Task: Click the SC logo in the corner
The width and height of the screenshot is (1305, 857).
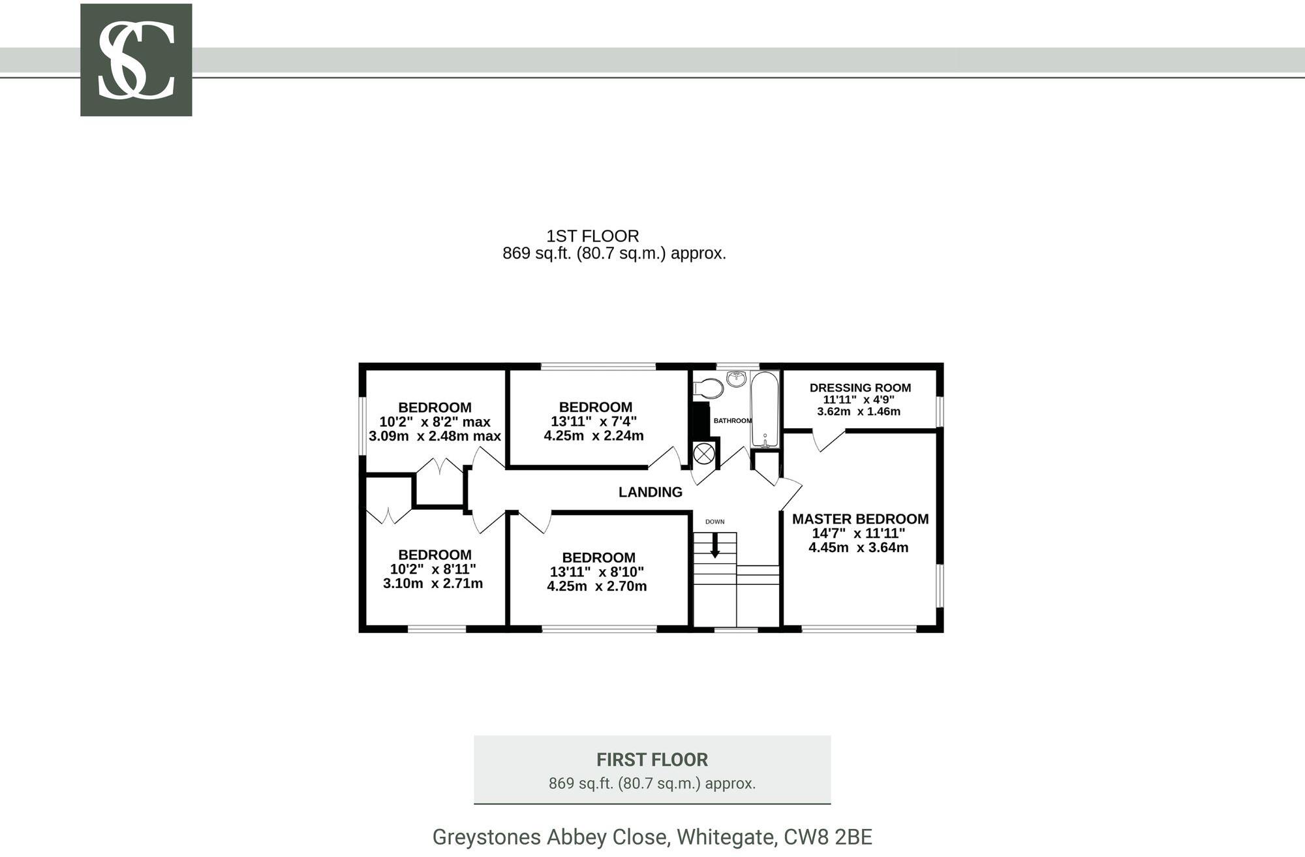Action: click(x=136, y=60)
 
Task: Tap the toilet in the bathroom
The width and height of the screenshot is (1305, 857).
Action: click(x=708, y=388)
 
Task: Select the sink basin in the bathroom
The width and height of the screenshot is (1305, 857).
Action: click(x=737, y=378)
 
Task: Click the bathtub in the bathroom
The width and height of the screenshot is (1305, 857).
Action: click(x=765, y=409)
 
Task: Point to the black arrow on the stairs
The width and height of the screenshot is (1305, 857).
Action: click(x=715, y=546)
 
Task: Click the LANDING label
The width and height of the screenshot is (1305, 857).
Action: click(x=650, y=492)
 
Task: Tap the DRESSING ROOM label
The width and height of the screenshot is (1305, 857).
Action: click(x=860, y=388)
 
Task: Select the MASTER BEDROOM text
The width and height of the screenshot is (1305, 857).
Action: click(x=860, y=519)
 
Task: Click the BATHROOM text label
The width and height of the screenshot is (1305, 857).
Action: click(x=732, y=421)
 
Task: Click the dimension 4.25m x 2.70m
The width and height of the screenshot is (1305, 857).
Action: click(x=596, y=586)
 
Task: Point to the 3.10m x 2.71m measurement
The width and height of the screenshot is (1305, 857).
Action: click(x=433, y=584)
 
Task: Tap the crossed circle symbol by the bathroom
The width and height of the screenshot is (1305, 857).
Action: click(x=703, y=453)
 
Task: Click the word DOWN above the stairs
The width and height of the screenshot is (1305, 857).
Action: click(x=714, y=522)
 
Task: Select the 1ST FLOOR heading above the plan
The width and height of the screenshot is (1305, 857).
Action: click(x=592, y=236)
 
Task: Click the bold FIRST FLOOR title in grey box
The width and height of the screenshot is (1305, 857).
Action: click(x=652, y=760)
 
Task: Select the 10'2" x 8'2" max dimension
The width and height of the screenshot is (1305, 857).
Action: click(x=435, y=422)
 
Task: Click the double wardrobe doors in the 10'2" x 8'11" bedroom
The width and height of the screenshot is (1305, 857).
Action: click(x=388, y=516)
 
